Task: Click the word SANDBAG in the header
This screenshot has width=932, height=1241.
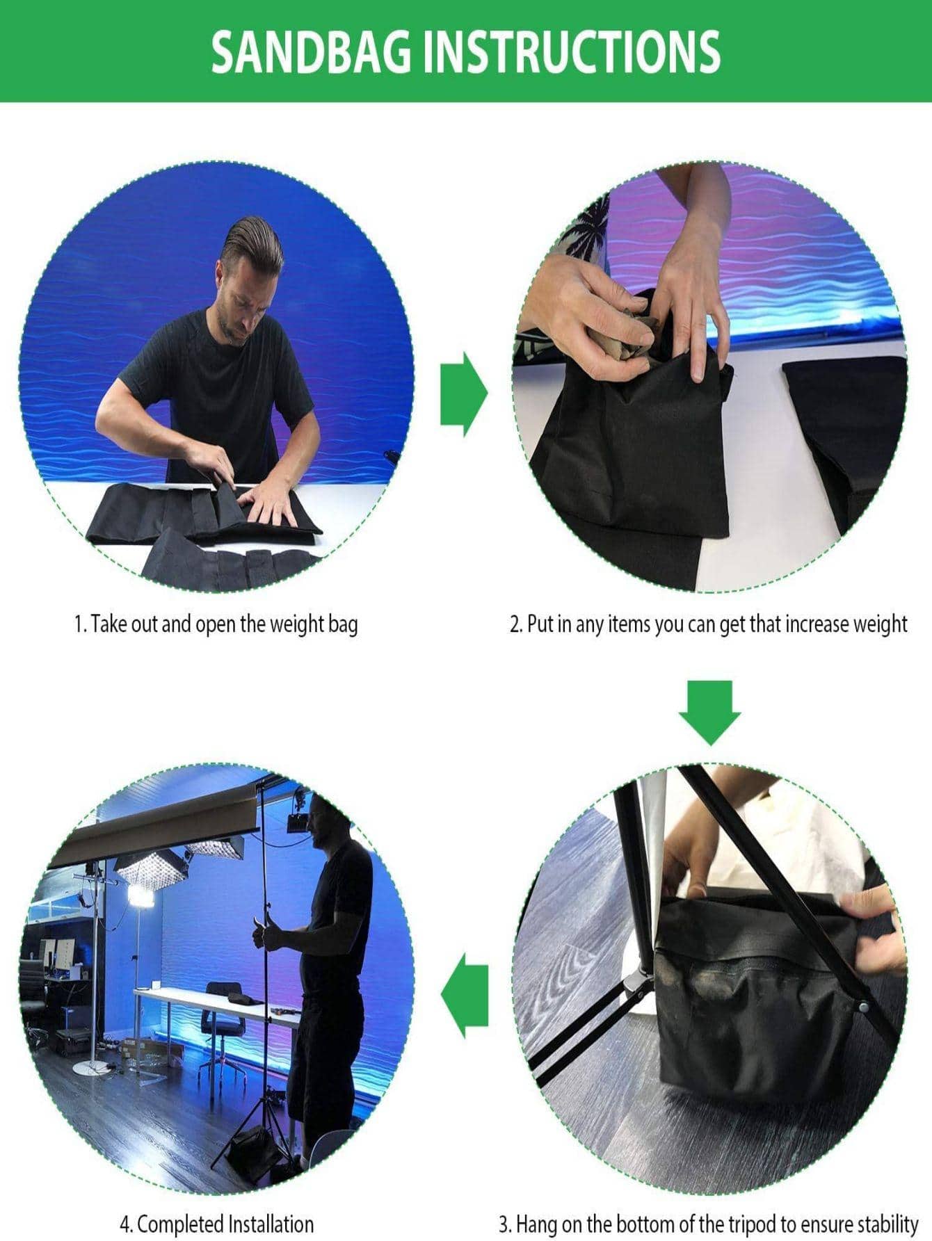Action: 312,52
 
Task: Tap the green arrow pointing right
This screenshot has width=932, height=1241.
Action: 464,394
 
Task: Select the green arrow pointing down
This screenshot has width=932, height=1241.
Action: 710,713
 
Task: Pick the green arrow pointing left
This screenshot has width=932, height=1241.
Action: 465,996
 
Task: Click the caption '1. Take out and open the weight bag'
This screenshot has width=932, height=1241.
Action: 216,624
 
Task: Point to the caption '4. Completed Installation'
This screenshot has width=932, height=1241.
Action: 216,1224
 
